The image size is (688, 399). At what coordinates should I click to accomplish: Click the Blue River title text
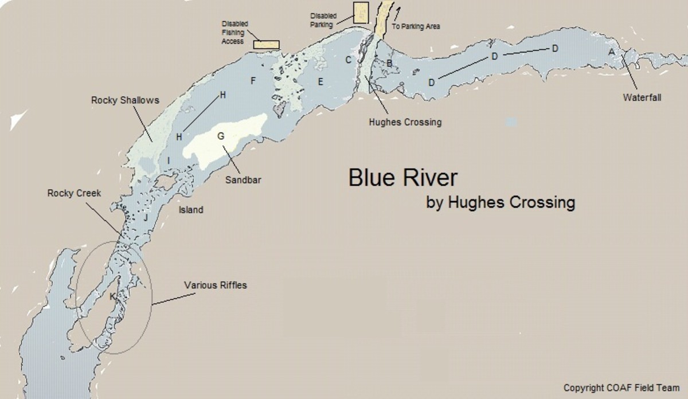(x=403, y=178)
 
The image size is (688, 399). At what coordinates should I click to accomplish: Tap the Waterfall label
(x=642, y=97)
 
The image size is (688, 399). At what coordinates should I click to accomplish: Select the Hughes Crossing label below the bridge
(x=405, y=122)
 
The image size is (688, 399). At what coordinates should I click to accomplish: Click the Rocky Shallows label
(x=125, y=100)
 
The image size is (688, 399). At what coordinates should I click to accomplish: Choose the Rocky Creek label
(x=74, y=193)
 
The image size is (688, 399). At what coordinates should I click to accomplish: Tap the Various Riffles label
(x=215, y=284)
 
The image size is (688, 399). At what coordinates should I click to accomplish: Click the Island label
(x=190, y=210)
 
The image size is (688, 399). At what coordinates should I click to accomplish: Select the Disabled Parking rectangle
(x=361, y=12)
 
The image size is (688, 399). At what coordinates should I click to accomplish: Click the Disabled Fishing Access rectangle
(x=266, y=45)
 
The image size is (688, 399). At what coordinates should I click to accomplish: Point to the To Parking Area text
(x=416, y=26)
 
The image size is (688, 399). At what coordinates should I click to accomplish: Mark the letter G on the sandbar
(x=220, y=136)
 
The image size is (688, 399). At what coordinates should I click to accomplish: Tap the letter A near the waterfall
(x=611, y=52)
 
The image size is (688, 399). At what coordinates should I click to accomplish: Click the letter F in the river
(x=252, y=81)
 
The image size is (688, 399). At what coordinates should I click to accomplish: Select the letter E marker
(x=320, y=82)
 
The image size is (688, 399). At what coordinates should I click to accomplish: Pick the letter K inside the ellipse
(x=112, y=296)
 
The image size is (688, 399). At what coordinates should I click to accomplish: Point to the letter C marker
(x=347, y=59)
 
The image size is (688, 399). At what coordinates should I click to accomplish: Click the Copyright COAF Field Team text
(x=621, y=387)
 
